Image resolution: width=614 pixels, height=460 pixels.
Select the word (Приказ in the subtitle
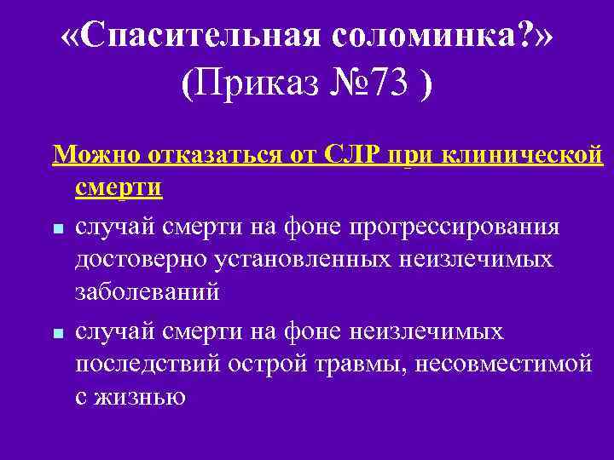pyautogui.click(x=240, y=85)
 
